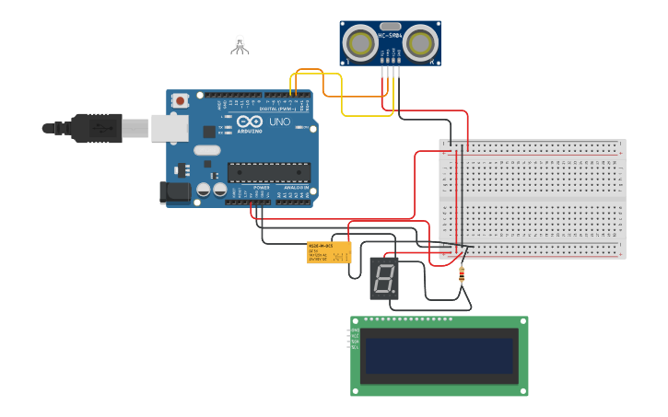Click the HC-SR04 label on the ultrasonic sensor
click(390, 36)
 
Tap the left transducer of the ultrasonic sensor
click(359, 42)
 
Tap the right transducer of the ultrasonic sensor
click(421, 42)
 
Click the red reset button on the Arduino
click(180, 100)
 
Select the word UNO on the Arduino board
click(279, 122)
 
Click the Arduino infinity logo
click(250, 122)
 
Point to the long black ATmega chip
click(269, 171)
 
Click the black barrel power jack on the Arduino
click(175, 192)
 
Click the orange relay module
click(329, 252)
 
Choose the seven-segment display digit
click(383, 278)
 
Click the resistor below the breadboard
click(462, 273)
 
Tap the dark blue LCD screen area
click(439, 355)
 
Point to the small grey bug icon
click(240, 43)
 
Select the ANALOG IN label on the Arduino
click(295, 188)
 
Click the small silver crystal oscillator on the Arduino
click(206, 150)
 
